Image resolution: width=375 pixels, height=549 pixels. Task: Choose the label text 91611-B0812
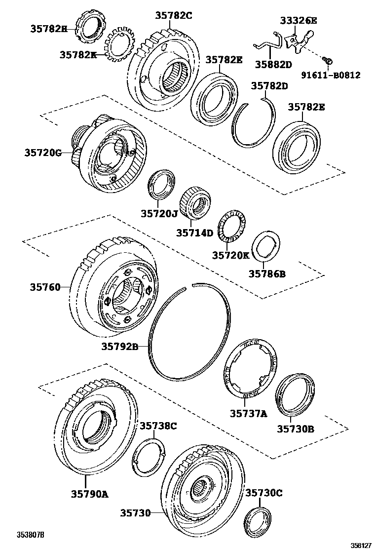pos(330,76)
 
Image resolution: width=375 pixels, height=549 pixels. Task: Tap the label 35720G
pos(43,153)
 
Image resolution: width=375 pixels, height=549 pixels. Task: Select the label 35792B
pos(119,347)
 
